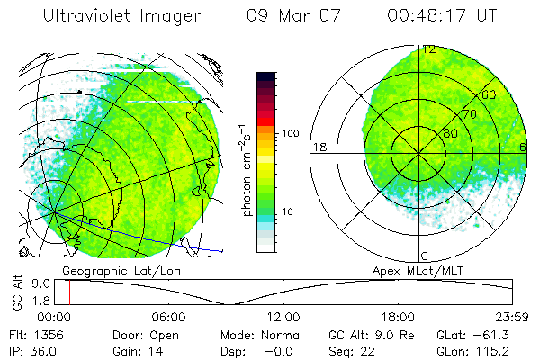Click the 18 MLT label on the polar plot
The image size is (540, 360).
click(x=319, y=147)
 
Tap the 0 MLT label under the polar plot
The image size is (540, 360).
click(x=425, y=256)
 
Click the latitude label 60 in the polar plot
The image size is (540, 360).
click(x=490, y=94)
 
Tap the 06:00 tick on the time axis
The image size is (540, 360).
click(x=168, y=317)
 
